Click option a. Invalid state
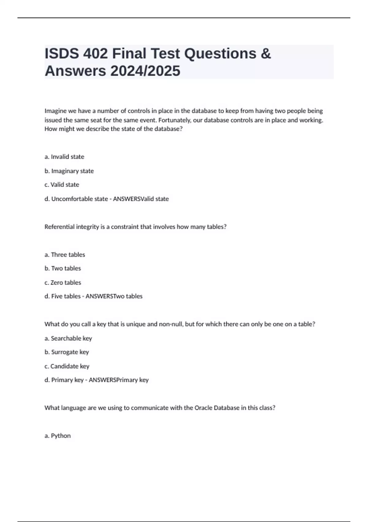(x=64, y=157)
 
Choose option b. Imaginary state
(x=69, y=171)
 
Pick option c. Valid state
(x=62, y=185)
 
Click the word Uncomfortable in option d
(x=79, y=199)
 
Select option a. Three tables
(x=65, y=255)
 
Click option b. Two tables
(x=63, y=268)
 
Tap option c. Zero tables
(x=63, y=282)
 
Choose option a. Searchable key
(x=68, y=338)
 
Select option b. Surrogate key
(x=67, y=352)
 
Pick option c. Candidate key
(x=67, y=366)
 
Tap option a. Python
(x=58, y=436)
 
